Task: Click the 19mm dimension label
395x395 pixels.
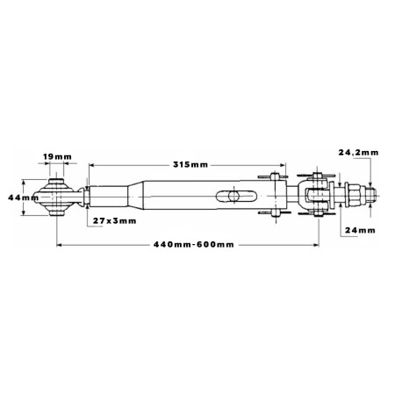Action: click(x=57, y=157)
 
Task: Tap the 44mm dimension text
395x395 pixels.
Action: click(x=23, y=197)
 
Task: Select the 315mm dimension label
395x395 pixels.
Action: click(x=190, y=165)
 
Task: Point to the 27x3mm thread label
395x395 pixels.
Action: click(x=115, y=220)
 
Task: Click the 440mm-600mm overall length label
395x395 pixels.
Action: click(x=194, y=244)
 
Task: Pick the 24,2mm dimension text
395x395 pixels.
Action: click(x=358, y=153)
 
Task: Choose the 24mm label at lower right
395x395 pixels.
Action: click(x=360, y=230)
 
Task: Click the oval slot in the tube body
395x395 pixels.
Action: click(x=236, y=196)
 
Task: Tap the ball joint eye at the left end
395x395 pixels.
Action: click(x=56, y=197)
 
